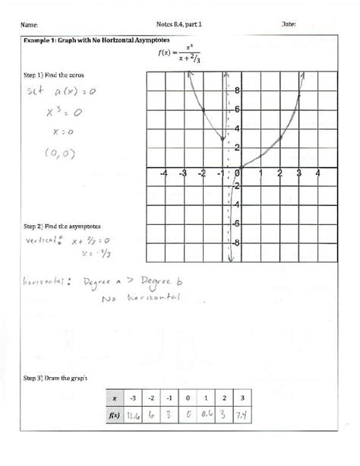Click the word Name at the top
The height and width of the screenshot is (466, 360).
pyautogui.click(x=33, y=25)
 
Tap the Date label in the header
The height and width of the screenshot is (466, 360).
pyautogui.click(x=289, y=24)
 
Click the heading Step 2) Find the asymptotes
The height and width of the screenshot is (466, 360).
pyautogui.click(x=62, y=227)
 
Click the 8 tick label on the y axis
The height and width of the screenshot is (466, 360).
pyautogui.click(x=237, y=90)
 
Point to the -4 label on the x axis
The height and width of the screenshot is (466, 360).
pyautogui.click(x=164, y=174)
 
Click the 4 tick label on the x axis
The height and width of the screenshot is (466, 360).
pyautogui.click(x=318, y=174)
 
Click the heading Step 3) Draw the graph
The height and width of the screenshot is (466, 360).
pyautogui.click(x=57, y=378)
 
